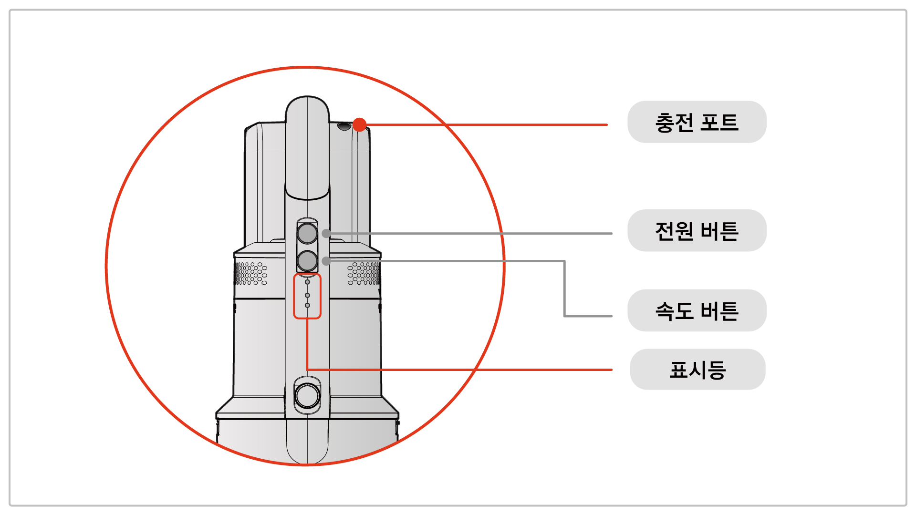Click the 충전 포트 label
(697, 122)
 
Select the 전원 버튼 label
(697, 231)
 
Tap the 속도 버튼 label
(697, 311)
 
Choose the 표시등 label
(697, 370)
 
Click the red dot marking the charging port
(360, 125)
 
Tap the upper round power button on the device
(307, 233)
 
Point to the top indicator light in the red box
(307, 282)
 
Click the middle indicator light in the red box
(307, 295)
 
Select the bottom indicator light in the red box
(307, 305)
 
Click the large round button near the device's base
(307, 395)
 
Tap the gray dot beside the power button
(326, 234)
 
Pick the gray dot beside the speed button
(326, 261)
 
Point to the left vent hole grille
(251, 273)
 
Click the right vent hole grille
(364, 273)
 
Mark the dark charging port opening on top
(344, 126)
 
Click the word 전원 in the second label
(674, 231)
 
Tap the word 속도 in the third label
(674, 311)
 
